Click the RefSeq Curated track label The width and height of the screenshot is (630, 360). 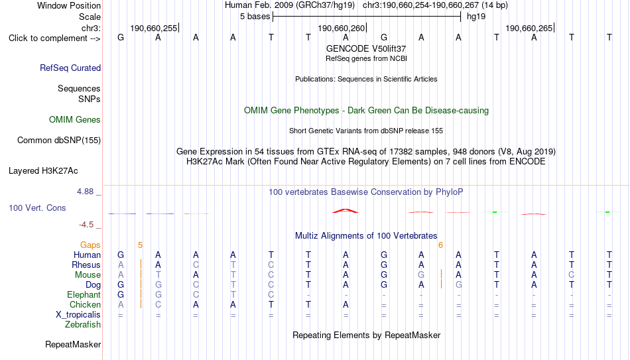tap(70, 68)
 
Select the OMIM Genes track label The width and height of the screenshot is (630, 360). tap(75, 120)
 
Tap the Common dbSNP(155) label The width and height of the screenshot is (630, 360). tap(59, 141)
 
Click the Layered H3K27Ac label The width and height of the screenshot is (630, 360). tap(43, 171)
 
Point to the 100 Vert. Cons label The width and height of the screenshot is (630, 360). tap(37, 208)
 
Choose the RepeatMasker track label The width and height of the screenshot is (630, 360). tap(73, 344)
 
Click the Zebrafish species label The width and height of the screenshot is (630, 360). tap(83, 324)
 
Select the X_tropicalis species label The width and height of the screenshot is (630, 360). tap(78, 315)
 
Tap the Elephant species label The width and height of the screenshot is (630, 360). tap(84, 294)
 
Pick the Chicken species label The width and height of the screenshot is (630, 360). tap(85, 304)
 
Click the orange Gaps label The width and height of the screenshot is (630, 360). tap(90, 245)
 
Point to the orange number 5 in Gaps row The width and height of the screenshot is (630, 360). tap(140, 245)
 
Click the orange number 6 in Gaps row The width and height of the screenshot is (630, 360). tap(441, 245)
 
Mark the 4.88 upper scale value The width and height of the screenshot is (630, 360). tap(85, 191)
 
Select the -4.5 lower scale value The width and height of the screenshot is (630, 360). tap(86, 225)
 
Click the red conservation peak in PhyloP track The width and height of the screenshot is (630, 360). tap(345, 211)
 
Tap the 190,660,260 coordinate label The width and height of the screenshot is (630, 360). tap(341, 28)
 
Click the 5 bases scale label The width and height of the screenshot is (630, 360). tap(255, 17)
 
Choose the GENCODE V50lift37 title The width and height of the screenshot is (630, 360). tap(366, 48)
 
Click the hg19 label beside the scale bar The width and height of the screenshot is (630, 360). tap(476, 17)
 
